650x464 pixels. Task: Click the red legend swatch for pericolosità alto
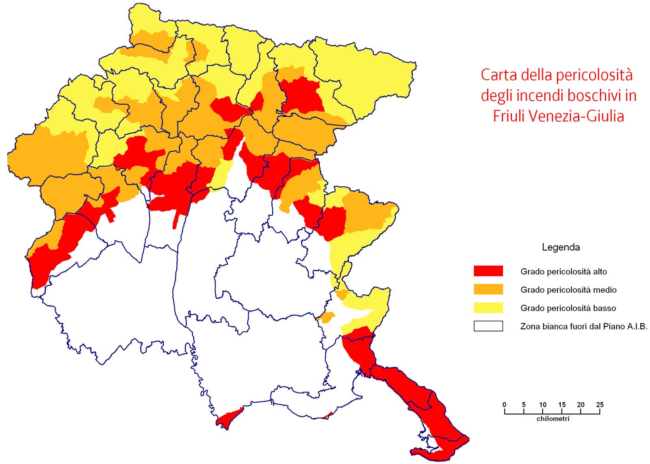click(x=488, y=271)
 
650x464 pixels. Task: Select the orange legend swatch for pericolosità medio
click(x=488, y=289)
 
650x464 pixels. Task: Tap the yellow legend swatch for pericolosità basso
click(x=488, y=307)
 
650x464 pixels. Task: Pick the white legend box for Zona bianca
click(x=488, y=326)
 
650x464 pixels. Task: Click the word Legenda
click(x=561, y=247)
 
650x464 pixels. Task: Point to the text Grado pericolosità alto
click(x=563, y=271)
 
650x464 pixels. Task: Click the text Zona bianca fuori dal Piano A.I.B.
click(x=583, y=326)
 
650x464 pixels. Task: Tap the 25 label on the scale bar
click(x=600, y=405)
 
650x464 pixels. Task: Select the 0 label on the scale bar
click(x=504, y=405)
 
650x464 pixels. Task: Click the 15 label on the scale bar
click(x=561, y=405)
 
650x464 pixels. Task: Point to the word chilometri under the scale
click(x=552, y=418)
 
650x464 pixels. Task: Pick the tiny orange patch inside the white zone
click(x=326, y=317)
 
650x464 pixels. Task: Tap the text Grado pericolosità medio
click(x=568, y=290)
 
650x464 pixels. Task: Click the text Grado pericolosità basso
click(x=568, y=308)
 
